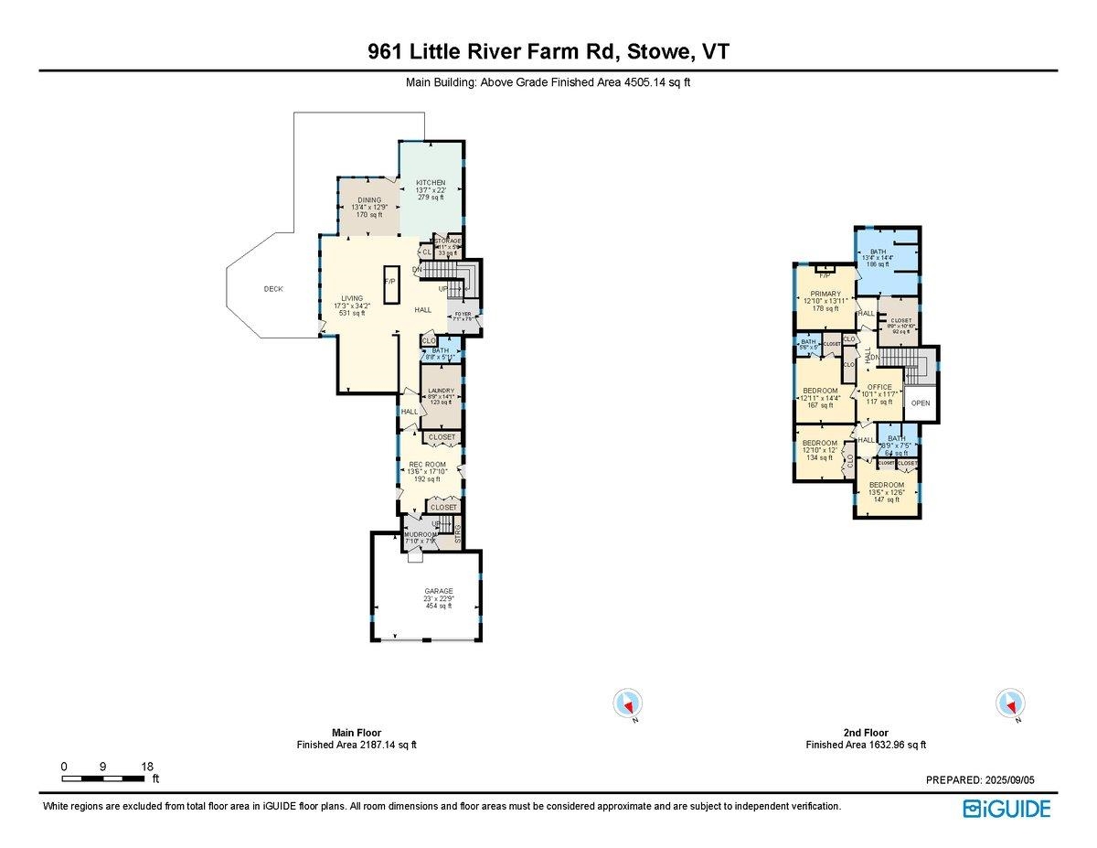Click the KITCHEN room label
point(430,183)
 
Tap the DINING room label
point(369,200)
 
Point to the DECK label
point(273,289)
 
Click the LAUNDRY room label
point(441,391)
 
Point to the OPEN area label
point(920,403)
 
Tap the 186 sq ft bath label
point(878,252)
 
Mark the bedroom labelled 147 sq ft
point(886,485)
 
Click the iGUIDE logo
point(1006,809)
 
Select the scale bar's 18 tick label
point(147,766)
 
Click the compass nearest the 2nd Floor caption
point(1009,703)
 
